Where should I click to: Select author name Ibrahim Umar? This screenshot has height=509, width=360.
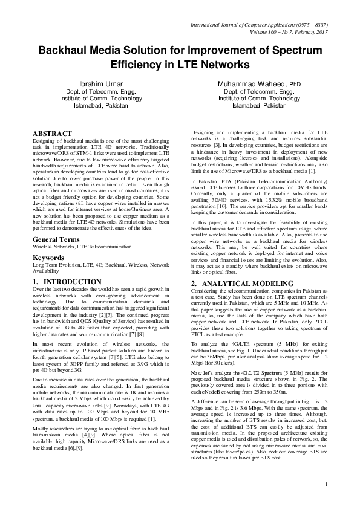(101, 83)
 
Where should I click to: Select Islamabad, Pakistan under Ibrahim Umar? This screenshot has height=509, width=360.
(101, 105)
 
